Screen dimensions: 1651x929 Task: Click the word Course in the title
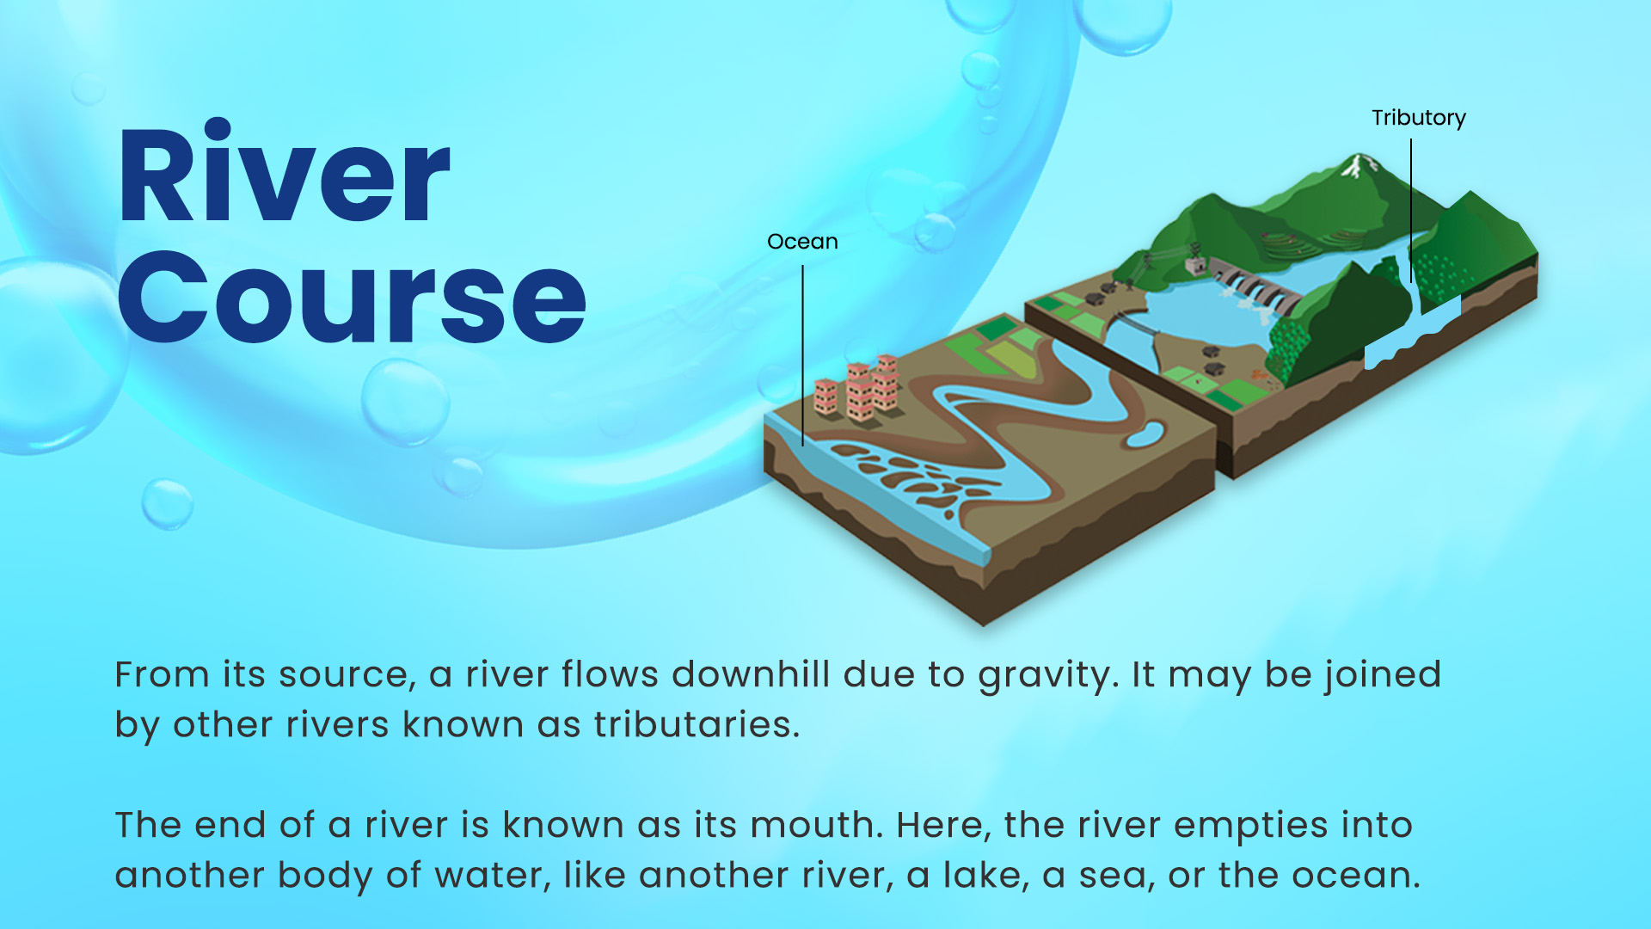[352, 297]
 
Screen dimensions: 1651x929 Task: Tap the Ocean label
[802, 242]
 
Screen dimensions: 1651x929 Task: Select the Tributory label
[1419, 118]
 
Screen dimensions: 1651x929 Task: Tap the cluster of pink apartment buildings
[857, 389]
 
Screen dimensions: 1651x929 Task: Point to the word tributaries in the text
[697, 724]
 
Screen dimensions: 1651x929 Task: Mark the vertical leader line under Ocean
[803, 355]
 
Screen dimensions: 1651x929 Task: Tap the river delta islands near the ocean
[911, 477]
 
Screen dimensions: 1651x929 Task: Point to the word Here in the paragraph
[944, 825]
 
